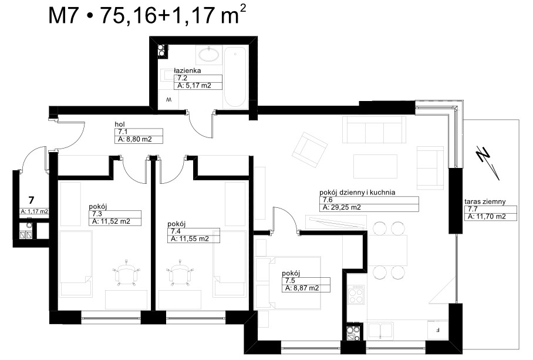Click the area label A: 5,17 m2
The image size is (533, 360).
click(x=194, y=86)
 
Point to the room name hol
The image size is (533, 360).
click(x=120, y=125)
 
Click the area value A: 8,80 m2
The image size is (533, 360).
click(x=134, y=139)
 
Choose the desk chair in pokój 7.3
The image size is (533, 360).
click(x=126, y=271)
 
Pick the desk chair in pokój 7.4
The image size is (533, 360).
click(x=180, y=271)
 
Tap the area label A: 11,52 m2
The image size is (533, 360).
click(x=111, y=221)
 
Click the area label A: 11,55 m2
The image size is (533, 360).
click(x=190, y=239)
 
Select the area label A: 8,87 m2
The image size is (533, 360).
click(x=302, y=288)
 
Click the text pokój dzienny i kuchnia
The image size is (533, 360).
click(x=357, y=193)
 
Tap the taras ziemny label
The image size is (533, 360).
click(x=485, y=201)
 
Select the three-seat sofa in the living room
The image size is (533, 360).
click(x=374, y=130)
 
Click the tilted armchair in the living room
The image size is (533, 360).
click(x=309, y=149)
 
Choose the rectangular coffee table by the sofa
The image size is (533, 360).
click(x=375, y=166)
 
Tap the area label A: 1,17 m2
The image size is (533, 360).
click(x=34, y=211)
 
